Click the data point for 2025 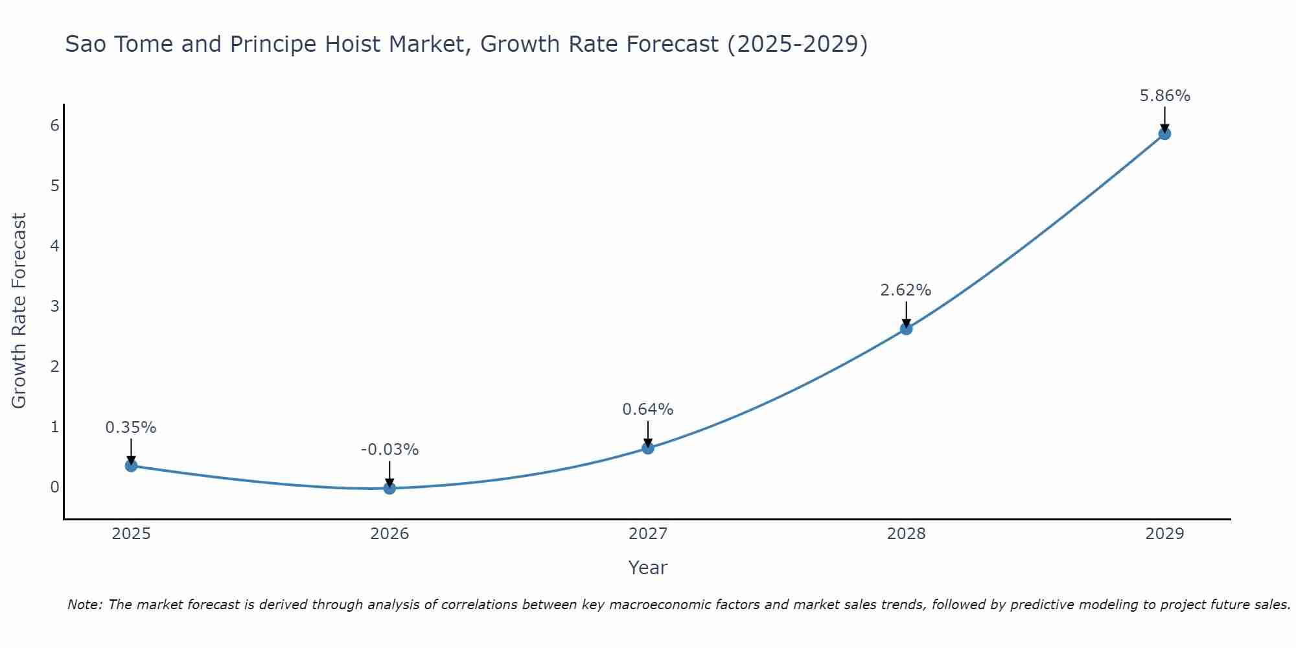coord(131,465)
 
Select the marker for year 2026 coord(389,488)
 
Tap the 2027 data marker coord(648,448)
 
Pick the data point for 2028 coord(906,329)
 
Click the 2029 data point coord(1164,133)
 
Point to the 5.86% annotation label coord(1164,96)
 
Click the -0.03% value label coord(389,450)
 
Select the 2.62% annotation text coord(905,290)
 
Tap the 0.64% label coord(647,410)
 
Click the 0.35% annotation coord(131,428)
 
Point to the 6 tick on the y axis coord(54,125)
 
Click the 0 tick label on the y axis coord(54,487)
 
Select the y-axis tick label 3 coord(54,306)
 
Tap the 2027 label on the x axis coord(648,534)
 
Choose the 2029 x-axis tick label coord(1164,534)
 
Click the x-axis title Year coord(647,568)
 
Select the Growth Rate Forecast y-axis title coord(19,311)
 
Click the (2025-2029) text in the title coord(797,44)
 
